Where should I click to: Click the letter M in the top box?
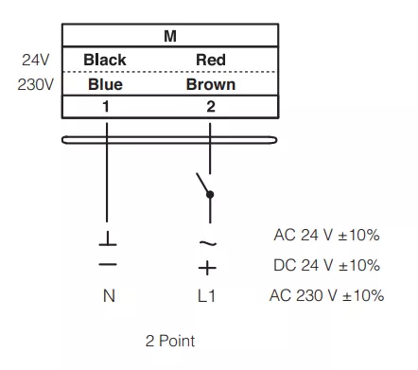(170, 36)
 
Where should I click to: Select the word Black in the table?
(105, 60)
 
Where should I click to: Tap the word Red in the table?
(211, 60)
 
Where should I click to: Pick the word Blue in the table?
(105, 84)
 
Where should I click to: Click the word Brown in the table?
(211, 84)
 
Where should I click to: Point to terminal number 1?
(106, 107)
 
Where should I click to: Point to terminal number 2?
(211, 107)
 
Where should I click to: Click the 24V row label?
(36, 60)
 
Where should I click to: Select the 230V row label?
(36, 84)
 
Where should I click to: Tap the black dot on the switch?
(210, 195)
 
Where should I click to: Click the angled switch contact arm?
(202, 183)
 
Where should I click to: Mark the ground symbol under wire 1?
(108, 238)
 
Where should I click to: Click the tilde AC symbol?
(208, 243)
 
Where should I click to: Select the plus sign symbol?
(207, 268)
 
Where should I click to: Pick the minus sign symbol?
(108, 264)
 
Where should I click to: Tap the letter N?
(109, 296)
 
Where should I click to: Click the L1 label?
(206, 296)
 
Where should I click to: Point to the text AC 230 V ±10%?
(326, 295)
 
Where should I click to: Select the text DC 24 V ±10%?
(326, 265)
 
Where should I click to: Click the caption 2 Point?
(170, 341)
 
